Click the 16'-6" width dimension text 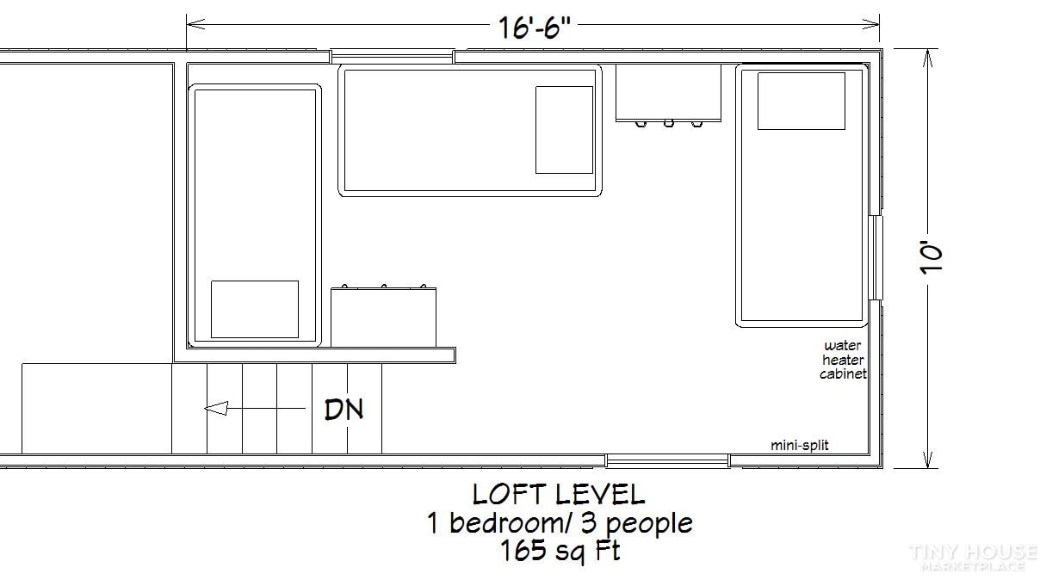coord(535,28)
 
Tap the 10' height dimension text coord(931,257)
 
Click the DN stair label coord(344,410)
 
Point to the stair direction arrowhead coord(216,408)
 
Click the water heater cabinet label coord(844,360)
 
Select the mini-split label coord(800,445)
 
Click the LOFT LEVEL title coord(559,495)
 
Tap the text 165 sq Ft coord(560,551)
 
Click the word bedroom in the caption coord(508,522)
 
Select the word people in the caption coord(649,524)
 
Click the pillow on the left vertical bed coord(255,309)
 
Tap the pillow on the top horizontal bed coord(564,130)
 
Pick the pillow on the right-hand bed coord(802,101)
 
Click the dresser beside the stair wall coord(383,317)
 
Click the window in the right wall coord(877,257)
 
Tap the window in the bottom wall coord(668,461)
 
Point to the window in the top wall coord(393,57)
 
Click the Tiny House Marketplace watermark coord(974,558)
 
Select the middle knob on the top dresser coord(669,124)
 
